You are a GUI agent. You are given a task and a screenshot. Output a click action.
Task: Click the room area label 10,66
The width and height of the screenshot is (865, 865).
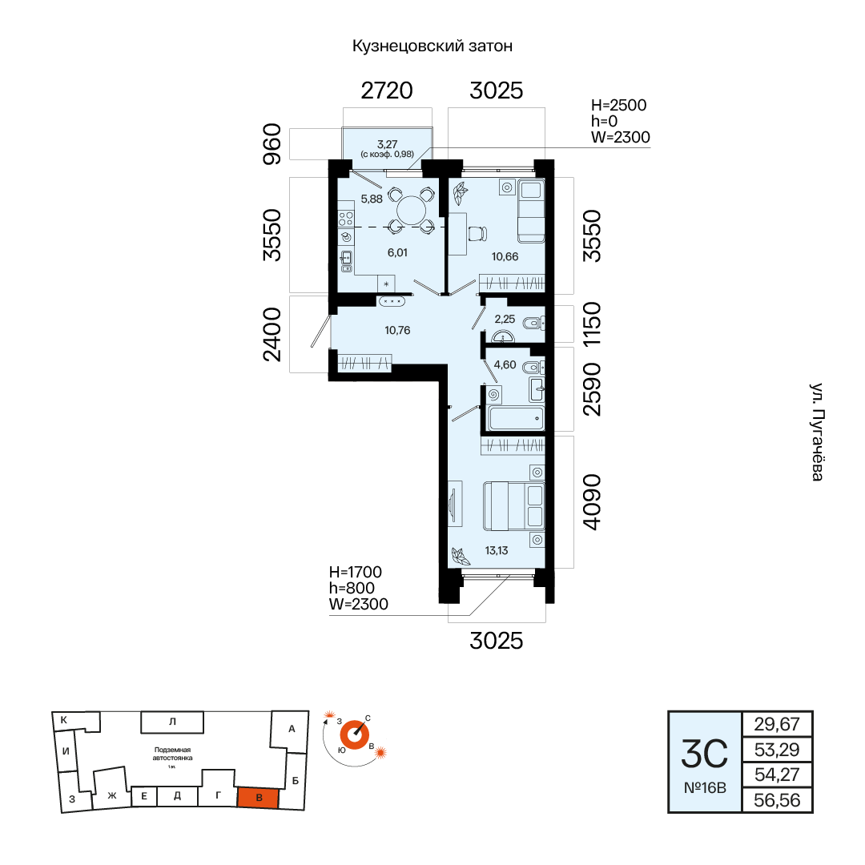coord(505,256)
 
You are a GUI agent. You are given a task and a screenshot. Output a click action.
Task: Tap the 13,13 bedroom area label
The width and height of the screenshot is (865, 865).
coord(497,550)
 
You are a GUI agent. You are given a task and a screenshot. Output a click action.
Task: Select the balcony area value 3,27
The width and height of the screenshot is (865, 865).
coord(388,144)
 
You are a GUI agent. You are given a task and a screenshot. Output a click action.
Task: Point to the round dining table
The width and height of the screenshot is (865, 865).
coord(412,211)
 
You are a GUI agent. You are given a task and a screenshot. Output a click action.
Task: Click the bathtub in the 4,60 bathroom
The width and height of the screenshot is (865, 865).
coord(517,418)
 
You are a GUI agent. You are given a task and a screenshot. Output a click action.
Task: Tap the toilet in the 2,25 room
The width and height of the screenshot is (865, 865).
coord(533,323)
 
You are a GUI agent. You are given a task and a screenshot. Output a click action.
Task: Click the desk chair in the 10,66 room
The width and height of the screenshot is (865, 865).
coord(477,234)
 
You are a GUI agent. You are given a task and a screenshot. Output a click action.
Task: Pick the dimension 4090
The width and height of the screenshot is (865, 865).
coord(591,502)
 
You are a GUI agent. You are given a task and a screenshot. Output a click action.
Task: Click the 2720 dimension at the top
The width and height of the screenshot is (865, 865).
coord(387,91)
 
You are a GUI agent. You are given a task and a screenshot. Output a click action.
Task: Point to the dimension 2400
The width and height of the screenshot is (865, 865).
coord(272,334)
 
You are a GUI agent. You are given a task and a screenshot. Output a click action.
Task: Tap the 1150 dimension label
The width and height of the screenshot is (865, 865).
coord(591,324)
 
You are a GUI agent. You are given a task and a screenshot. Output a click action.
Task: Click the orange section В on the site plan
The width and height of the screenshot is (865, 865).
coord(258,798)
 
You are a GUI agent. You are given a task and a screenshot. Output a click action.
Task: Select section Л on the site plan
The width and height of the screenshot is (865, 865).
coord(172,722)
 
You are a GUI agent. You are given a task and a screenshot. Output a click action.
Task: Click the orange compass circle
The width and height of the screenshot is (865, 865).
coord(354,735)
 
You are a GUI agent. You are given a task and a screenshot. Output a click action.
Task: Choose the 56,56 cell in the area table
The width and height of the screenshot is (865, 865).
coord(777,800)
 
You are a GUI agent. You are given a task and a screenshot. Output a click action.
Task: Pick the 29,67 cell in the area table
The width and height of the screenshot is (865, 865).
coord(777,724)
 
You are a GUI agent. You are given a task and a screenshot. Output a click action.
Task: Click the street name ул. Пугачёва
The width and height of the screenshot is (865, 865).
coord(818,432)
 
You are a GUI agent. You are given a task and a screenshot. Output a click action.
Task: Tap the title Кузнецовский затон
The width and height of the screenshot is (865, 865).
coord(432,46)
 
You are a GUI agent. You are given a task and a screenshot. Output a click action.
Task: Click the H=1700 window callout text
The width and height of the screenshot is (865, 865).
coord(356,572)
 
